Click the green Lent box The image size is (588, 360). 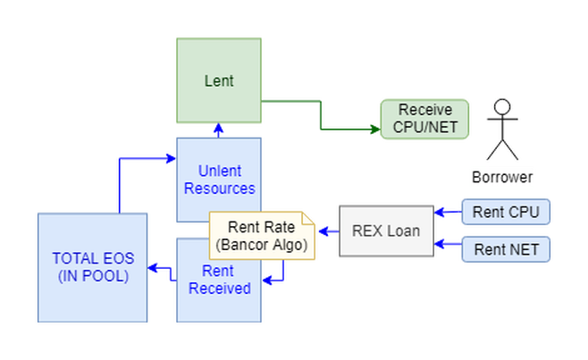pyautogui.click(x=219, y=80)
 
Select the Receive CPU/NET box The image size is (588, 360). pyautogui.click(x=424, y=119)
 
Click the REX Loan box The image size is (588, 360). pyautogui.click(x=386, y=231)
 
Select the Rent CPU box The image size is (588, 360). pyautogui.click(x=506, y=212)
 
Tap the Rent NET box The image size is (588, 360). pyautogui.click(x=506, y=249)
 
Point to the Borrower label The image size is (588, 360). pyautogui.click(x=502, y=177)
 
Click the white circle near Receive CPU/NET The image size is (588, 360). pyautogui.click(x=502, y=107)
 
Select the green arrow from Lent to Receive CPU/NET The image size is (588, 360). pyautogui.click(x=322, y=112)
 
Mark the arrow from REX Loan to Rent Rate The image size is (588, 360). pyautogui.click(x=328, y=231)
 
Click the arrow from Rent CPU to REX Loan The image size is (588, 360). pyautogui.click(x=447, y=213)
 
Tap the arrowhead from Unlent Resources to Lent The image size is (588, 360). pyautogui.click(x=219, y=130)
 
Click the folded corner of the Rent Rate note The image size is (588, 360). pyautogui.click(x=309, y=217)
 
